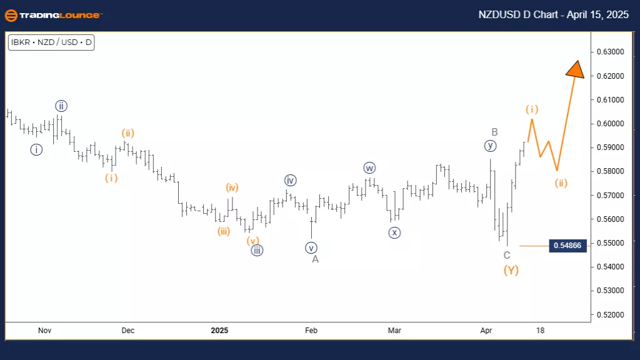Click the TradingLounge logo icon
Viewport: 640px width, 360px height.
11,15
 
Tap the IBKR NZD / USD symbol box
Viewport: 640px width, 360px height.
51,43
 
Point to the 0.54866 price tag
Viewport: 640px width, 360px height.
567,246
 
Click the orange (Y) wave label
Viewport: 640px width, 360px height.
511,271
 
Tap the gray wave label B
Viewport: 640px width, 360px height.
494,132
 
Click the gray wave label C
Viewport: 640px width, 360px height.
507,255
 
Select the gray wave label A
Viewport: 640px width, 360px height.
316,259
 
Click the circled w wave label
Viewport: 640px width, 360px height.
369,167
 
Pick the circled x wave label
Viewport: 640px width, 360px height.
394,232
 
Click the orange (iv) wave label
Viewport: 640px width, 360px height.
232,187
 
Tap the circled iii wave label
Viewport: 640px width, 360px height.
256,251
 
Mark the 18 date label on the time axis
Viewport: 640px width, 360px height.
540,330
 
